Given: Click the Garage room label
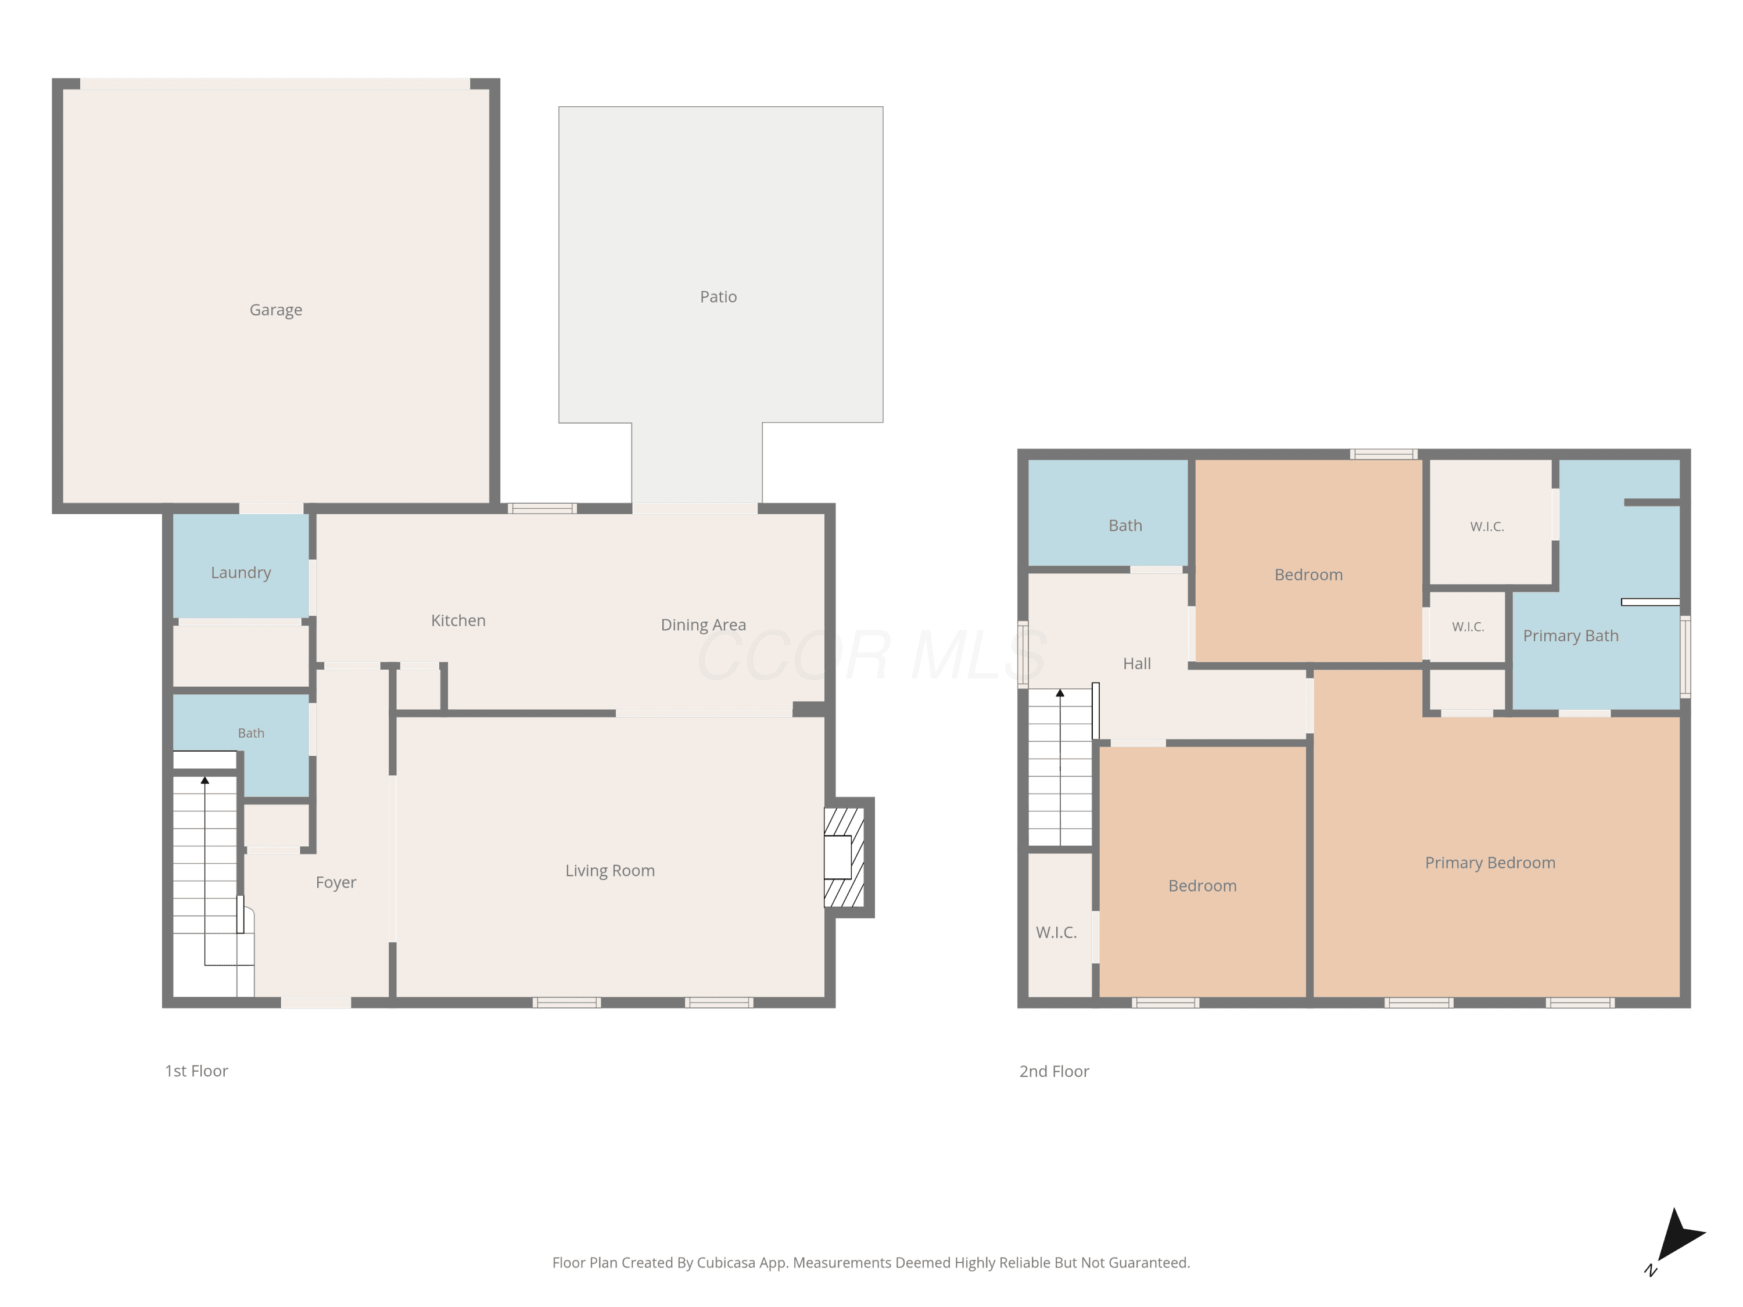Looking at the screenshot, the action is pyautogui.click(x=276, y=310).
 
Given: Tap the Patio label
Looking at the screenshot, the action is pyautogui.click(x=719, y=297).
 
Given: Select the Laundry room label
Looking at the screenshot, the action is pyautogui.click(x=241, y=573).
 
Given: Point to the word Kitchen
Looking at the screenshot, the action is pyautogui.click(x=458, y=621).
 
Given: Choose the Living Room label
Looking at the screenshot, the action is pyautogui.click(x=610, y=871).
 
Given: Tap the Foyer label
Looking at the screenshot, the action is pyautogui.click(x=336, y=883).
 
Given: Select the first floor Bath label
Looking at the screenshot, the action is pyautogui.click(x=252, y=734).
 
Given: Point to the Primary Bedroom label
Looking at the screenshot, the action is pyautogui.click(x=1490, y=863).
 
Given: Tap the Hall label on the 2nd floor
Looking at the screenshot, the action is pyautogui.click(x=1137, y=664).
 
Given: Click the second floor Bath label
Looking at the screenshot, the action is pyautogui.click(x=1125, y=526).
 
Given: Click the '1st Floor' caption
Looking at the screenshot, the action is pyautogui.click(x=196, y=1071).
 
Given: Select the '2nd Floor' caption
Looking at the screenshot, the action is pyautogui.click(x=1055, y=1071).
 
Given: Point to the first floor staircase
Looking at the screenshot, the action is pyautogui.click(x=206, y=874).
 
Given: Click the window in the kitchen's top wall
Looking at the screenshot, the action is pyautogui.click(x=542, y=509).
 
